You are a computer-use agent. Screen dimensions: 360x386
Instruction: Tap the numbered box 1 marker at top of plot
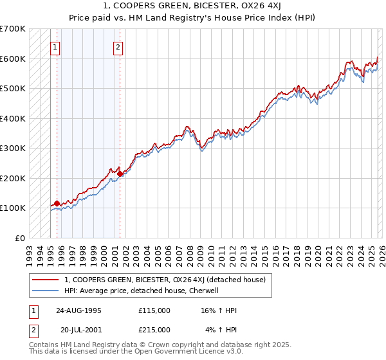click(x=55, y=46)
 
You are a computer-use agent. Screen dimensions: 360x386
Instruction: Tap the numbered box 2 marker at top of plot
click(x=118, y=46)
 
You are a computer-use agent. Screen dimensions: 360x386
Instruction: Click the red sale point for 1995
click(x=57, y=204)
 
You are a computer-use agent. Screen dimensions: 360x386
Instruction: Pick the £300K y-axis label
click(x=13, y=148)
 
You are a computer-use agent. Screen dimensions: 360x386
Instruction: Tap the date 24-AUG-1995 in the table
click(x=80, y=310)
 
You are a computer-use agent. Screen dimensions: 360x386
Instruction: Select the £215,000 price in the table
click(x=154, y=330)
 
